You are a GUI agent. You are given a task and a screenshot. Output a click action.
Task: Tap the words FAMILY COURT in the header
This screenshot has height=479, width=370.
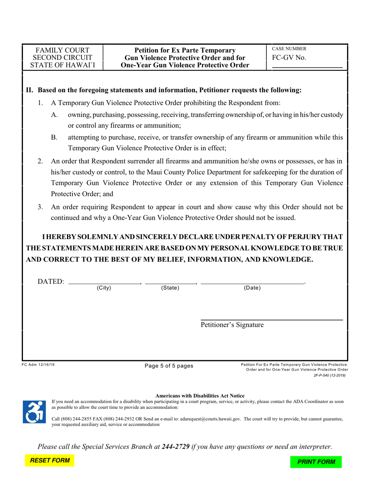pyautogui.click(x=63, y=50)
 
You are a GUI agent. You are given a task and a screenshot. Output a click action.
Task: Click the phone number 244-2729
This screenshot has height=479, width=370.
pyautogui.click(x=176, y=447)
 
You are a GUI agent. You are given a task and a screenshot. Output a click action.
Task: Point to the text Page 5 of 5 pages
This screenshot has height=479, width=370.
pyautogui.click(x=169, y=366)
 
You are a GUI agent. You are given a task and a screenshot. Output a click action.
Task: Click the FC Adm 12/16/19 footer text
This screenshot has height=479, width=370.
pyautogui.click(x=38, y=365)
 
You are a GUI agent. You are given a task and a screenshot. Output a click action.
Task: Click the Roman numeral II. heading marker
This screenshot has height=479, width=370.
pyautogui.click(x=30, y=90)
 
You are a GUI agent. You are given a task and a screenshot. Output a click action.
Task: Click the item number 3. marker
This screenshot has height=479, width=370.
pyautogui.click(x=41, y=207)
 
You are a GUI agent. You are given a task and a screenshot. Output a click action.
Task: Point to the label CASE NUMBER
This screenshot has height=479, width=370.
pyautogui.click(x=289, y=49)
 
